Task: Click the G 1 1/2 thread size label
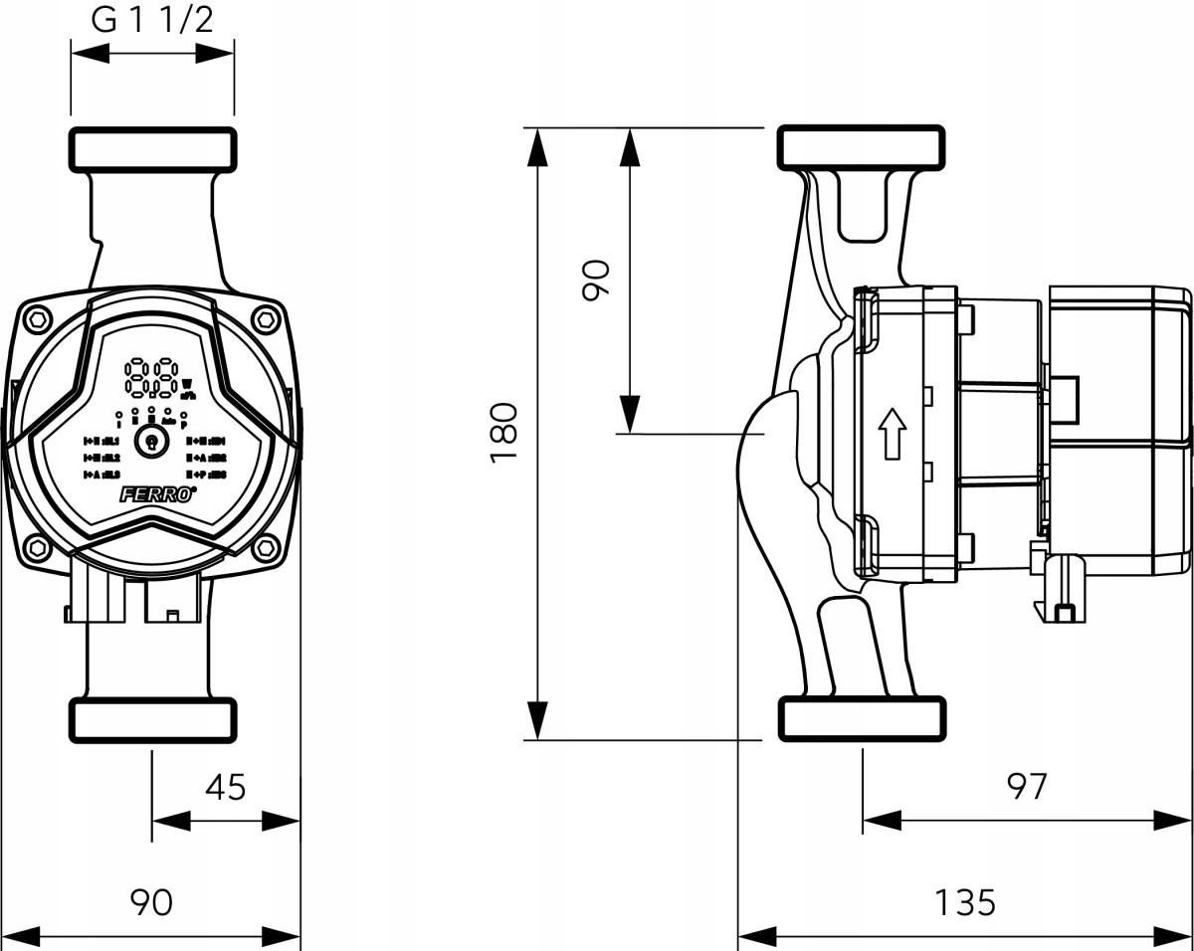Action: pyautogui.click(x=152, y=21)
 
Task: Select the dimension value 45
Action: pyautogui.click(x=225, y=787)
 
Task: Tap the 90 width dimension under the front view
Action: pyautogui.click(x=151, y=902)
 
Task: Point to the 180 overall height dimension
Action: pyautogui.click(x=505, y=430)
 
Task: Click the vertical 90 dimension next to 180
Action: pyautogui.click(x=595, y=280)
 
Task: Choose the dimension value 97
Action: pyautogui.click(x=1026, y=786)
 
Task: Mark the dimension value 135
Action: pyautogui.click(x=964, y=902)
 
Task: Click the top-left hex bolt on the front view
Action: pyautogui.click(x=38, y=319)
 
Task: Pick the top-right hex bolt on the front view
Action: pyautogui.click(x=265, y=319)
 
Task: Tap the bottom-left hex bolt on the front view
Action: pyautogui.click(x=38, y=547)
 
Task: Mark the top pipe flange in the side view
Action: pyautogui.click(x=861, y=147)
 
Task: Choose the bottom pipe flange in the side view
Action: pyautogui.click(x=861, y=718)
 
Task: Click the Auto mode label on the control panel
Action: pyautogui.click(x=169, y=421)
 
